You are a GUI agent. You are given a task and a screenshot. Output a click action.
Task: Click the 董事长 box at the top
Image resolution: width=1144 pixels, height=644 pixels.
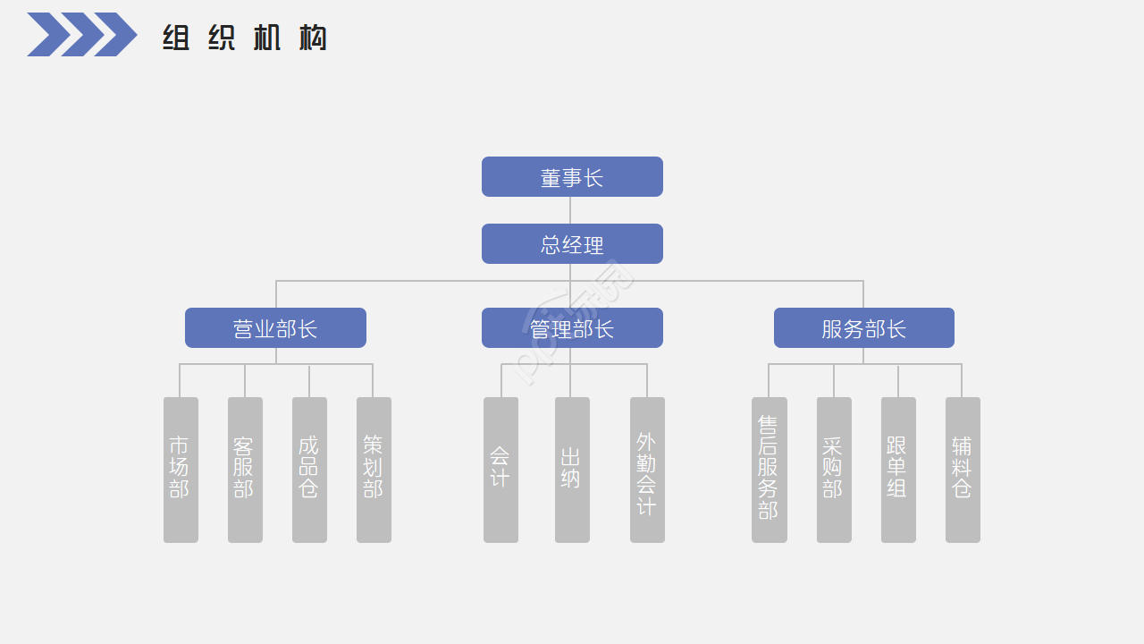point(572,177)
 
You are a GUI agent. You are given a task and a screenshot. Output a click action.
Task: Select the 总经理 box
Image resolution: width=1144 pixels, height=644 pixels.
point(572,244)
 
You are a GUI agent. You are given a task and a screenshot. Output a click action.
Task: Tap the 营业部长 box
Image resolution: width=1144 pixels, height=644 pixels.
point(275,328)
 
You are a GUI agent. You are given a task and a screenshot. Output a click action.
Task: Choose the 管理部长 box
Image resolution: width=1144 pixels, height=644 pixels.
point(572,328)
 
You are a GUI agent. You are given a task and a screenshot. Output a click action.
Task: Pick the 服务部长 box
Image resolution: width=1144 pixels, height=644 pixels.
point(863,328)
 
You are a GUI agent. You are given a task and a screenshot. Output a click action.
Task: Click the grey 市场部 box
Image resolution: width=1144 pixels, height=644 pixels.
point(181,470)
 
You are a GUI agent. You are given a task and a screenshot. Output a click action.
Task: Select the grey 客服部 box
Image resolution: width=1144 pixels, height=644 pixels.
point(245,470)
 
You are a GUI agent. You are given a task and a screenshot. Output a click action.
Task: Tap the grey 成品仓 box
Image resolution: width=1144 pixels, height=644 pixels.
point(309,470)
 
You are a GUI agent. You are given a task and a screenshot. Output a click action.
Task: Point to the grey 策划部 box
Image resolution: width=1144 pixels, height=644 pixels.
point(374,470)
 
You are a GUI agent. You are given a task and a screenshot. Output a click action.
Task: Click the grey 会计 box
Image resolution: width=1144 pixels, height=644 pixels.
point(500,470)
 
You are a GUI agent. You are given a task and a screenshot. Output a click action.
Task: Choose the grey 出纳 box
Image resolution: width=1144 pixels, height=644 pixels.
point(572,470)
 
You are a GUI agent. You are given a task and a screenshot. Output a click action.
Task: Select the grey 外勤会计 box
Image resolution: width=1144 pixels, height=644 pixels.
point(647,470)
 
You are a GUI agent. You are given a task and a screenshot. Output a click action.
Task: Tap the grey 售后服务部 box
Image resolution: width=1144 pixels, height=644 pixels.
point(769,470)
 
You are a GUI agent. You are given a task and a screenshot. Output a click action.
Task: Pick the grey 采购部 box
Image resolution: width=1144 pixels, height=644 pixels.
point(834,470)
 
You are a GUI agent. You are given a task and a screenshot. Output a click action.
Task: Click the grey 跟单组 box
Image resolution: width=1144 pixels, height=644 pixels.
point(898,470)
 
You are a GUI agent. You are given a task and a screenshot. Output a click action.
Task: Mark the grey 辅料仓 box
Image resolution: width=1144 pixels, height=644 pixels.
point(963,470)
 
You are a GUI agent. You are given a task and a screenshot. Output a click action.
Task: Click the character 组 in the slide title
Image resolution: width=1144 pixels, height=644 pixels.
point(176,38)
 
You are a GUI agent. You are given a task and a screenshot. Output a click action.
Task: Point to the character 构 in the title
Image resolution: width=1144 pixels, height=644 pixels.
point(313,38)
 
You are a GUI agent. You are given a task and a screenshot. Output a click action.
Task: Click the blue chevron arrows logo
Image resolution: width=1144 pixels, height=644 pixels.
point(81,35)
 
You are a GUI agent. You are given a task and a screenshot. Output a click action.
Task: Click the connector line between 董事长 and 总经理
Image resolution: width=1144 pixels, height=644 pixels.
point(570,210)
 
